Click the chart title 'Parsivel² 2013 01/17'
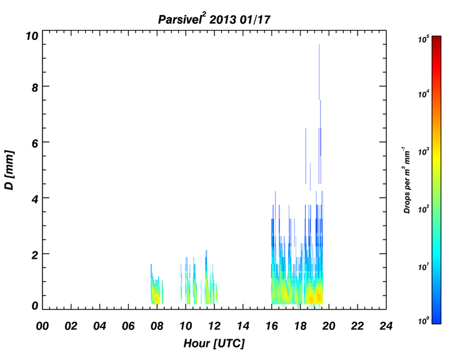coord(214,19)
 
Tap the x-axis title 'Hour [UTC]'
coord(214,343)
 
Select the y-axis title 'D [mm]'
coord(9,169)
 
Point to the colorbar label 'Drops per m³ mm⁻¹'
coord(407,180)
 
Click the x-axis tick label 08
coord(157,326)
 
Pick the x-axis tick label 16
coord(271,326)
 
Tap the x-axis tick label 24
coord(386,326)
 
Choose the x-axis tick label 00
coord(42,326)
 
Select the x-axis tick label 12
coord(214,326)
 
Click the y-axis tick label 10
coord(32,36)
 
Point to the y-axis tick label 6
coord(35,143)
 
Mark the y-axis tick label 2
coord(35,255)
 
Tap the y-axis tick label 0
coord(35,306)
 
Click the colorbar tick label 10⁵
coord(423,39)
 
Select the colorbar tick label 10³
coord(423,152)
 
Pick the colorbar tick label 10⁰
coord(423,321)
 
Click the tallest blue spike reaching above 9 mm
coord(319,72)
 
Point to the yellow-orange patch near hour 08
coord(156,297)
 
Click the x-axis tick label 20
coord(329,326)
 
